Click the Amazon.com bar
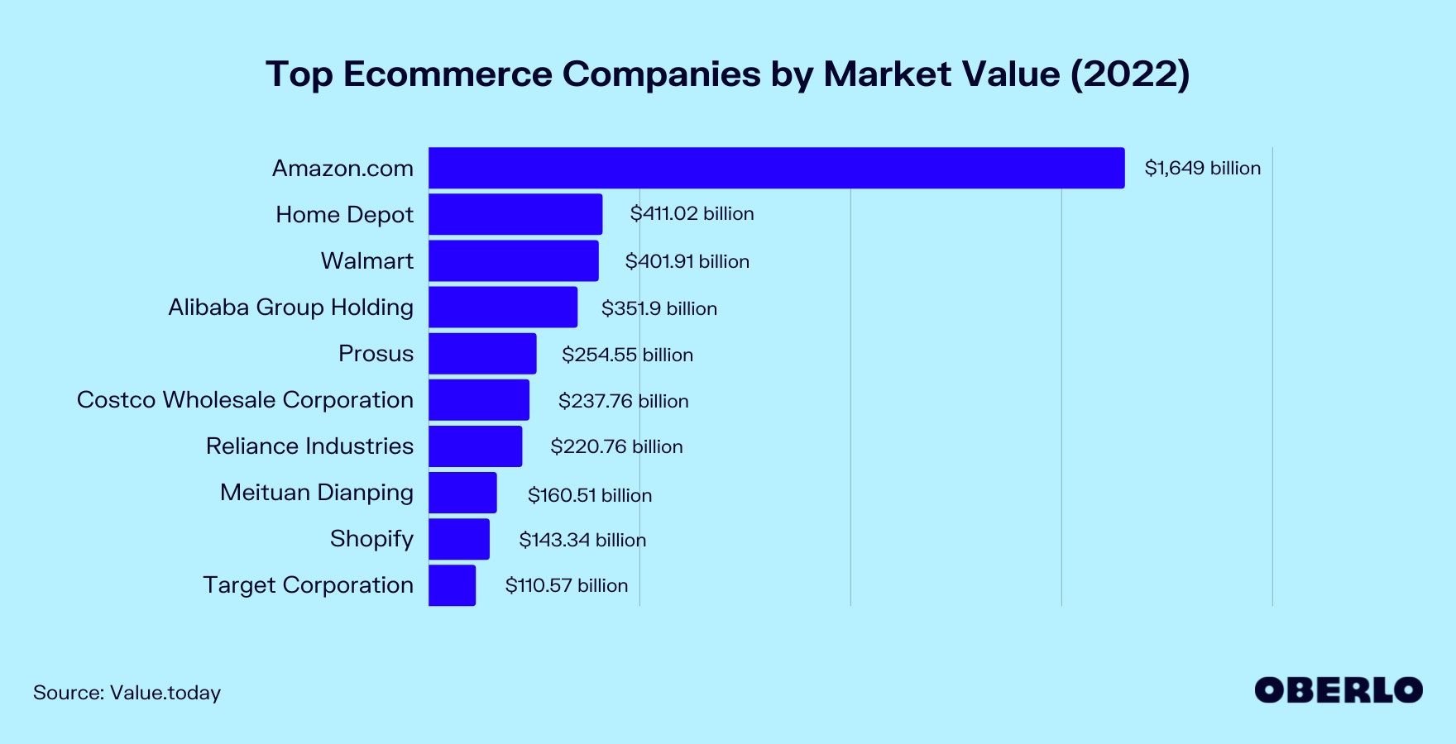776,168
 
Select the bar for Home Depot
515,214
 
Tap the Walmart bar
513,260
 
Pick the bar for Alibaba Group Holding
503,307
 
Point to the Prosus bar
482,353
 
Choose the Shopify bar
459,538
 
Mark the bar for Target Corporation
452,584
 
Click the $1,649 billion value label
1202,168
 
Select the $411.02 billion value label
692,213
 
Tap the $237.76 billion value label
623,401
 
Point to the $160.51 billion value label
590,495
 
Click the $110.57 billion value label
567,585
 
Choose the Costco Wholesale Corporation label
245,399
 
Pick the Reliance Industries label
309,446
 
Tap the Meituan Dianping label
316,492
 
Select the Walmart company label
366,260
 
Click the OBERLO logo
1338,690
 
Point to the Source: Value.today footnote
127,692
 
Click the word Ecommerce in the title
448,74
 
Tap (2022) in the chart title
1130,74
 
